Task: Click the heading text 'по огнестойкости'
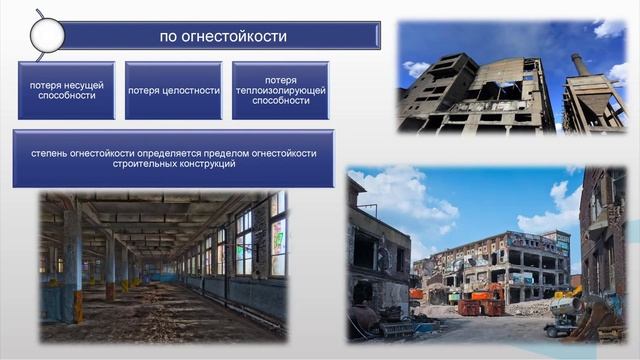(x=223, y=37)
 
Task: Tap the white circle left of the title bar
(x=46, y=36)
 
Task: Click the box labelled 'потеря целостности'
(x=173, y=90)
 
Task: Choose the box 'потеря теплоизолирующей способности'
(x=280, y=90)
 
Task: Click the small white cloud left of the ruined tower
(x=416, y=69)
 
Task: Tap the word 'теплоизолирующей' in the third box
(x=280, y=90)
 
